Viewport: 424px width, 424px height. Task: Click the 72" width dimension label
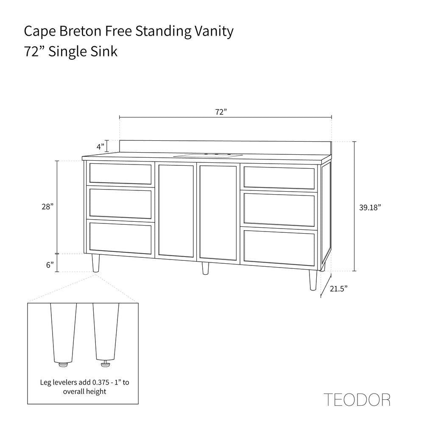pos(221,112)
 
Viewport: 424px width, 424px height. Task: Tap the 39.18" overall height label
pos(370,207)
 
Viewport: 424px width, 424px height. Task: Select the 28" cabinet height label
pos(47,207)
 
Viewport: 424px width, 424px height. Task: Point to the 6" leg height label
pos(50,265)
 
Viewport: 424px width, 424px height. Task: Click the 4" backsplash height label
pos(100,147)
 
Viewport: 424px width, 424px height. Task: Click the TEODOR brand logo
pos(357,399)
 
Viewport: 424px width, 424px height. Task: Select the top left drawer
pos(120,174)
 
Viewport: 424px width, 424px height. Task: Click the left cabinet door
pos(176,211)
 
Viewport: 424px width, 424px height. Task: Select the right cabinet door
pos(218,212)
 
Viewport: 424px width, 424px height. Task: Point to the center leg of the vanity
pos(205,268)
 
